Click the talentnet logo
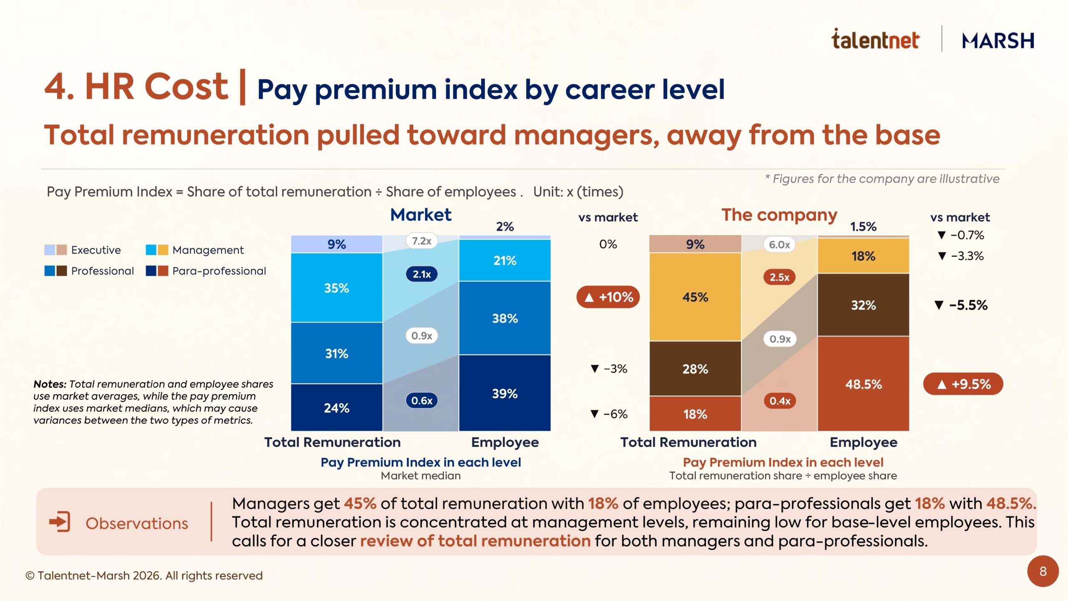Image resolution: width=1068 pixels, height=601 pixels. point(875,39)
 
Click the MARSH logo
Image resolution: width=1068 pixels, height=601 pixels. point(998,41)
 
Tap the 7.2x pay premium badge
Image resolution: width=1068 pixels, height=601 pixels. point(421,241)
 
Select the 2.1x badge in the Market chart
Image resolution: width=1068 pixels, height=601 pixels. point(421,274)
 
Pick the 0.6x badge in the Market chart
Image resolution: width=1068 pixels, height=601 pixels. point(421,401)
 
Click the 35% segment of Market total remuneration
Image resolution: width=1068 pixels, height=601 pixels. point(337,288)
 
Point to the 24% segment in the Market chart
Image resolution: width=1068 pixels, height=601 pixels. point(337,407)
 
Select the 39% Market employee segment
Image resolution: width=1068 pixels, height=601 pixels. point(505,393)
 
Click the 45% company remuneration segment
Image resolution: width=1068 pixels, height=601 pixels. point(695,297)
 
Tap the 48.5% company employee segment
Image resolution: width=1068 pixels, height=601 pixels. point(863,384)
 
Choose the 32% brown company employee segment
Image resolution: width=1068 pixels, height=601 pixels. point(863,305)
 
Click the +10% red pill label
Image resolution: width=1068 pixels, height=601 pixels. point(608,297)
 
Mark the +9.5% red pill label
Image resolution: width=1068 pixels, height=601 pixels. point(963,384)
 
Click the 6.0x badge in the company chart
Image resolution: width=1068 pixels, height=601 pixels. point(779,245)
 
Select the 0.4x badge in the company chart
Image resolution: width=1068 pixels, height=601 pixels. point(779,401)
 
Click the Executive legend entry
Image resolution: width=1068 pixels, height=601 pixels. point(83,250)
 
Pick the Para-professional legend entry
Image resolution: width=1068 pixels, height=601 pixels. point(206,271)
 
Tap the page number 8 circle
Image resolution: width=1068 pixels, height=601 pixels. point(1043,571)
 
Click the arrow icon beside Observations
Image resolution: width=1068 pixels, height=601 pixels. point(60,522)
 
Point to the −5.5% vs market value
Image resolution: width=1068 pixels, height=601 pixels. point(961,305)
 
